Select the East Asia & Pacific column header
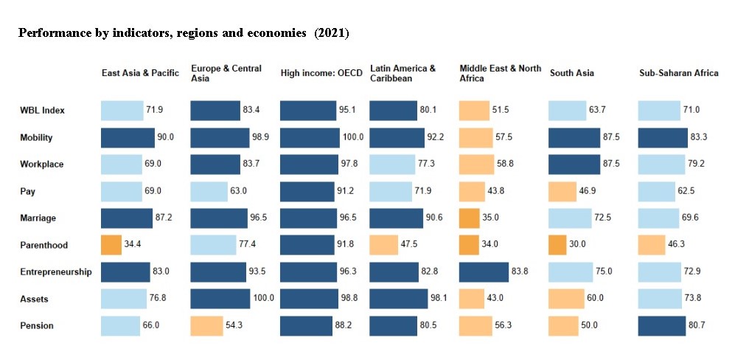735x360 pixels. tap(140, 73)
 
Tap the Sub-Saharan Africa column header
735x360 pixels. tap(678, 73)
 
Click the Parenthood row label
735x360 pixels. tap(43, 246)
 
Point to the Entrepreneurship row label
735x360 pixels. tap(56, 272)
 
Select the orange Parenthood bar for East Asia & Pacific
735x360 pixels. tap(111, 245)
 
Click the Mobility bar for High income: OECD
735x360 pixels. tap(310, 138)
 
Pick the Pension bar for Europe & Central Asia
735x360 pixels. tap(206, 325)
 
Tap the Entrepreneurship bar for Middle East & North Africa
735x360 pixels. tap(483, 272)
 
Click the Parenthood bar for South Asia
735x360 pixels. tap(557, 245)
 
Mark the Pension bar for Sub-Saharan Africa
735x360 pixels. tap(662, 325)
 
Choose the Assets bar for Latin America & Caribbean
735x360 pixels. tap(398, 299)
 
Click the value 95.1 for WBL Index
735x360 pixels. tap(349, 111)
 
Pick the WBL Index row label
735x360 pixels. tap(42, 111)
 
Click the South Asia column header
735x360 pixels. tap(571, 73)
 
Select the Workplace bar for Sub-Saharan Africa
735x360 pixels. tap(661, 165)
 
